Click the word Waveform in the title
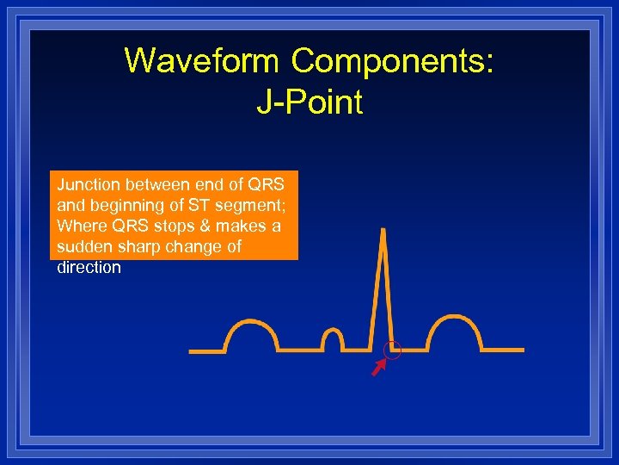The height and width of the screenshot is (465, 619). (202, 61)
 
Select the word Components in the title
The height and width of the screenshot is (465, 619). (391, 61)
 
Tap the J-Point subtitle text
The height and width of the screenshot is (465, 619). (309, 102)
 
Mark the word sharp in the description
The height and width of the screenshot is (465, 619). (137, 246)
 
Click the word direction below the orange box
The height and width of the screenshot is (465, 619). (89, 267)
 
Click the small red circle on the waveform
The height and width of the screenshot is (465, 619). (393, 350)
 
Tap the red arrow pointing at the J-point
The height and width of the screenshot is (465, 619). (377, 369)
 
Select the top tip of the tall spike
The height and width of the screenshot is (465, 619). (383, 231)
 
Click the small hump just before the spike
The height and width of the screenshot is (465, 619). (332, 338)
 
